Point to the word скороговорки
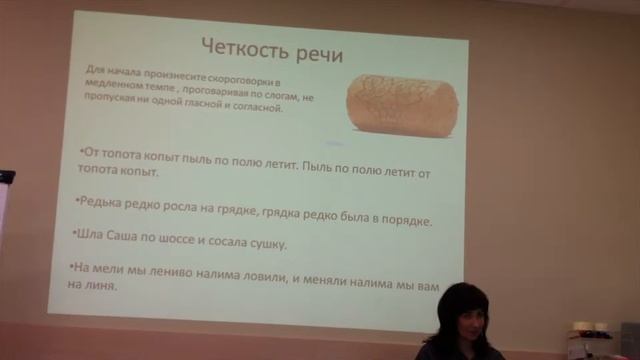click(x=239, y=78)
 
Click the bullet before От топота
click(x=81, y=151)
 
